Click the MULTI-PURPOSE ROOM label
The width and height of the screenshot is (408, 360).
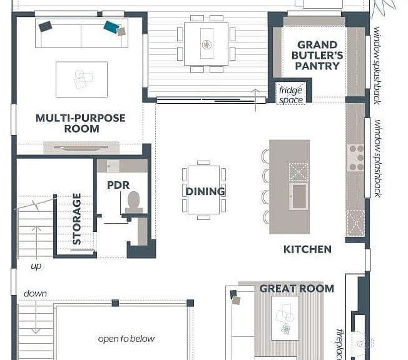point(81,123)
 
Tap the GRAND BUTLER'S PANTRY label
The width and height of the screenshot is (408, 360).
point(317,56)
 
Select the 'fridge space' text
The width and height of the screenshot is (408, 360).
point(290,95)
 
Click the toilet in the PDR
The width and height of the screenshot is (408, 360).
point(134,202)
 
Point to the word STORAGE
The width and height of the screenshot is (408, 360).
point(77,219)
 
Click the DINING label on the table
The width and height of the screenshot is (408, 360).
point(205,192)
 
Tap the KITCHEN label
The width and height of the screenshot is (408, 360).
point(307,249)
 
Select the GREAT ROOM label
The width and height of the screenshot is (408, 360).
point(297,289)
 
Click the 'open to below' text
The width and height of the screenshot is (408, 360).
point(126,339)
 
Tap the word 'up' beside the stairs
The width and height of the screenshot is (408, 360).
point(36,266)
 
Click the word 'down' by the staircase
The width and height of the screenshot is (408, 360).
point(36,294)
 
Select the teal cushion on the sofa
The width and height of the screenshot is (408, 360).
point(112,27)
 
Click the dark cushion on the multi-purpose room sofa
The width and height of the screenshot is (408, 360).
point(45,26)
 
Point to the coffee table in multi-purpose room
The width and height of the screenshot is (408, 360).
point(81,79)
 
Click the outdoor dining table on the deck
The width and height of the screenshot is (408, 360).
point(206,44)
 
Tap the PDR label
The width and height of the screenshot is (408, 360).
point(118,185)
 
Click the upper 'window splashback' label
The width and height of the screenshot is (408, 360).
point(377,66)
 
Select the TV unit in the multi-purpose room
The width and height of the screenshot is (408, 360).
point(81,147)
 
